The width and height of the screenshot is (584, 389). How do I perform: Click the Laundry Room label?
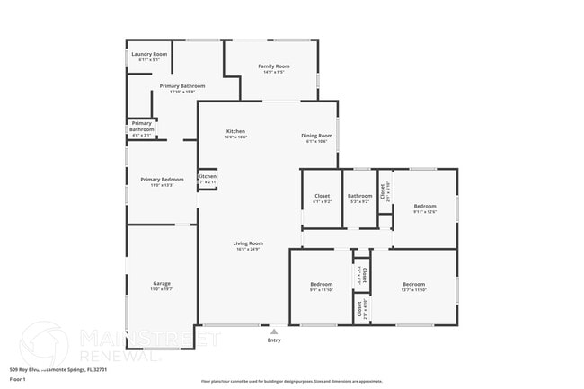point(149,55)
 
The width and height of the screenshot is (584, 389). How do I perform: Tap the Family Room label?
point(274,66)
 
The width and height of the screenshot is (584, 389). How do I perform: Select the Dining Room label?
point(317,136)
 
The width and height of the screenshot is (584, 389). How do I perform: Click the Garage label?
point(162,283)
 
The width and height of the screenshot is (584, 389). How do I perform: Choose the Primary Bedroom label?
point(162,180)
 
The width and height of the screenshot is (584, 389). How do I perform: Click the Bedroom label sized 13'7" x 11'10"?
point(413,285)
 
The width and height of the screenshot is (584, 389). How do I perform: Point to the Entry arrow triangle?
point(274,331)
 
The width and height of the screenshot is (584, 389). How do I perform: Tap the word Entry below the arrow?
point(274,340)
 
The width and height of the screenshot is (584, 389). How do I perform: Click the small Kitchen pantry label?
point(208,177)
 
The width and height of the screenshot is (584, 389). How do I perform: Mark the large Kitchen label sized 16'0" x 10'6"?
point(235,133)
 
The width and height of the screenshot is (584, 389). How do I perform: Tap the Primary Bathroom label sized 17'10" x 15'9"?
point(177,87)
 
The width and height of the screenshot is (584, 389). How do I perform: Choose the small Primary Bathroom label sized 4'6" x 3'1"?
point(141,126)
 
